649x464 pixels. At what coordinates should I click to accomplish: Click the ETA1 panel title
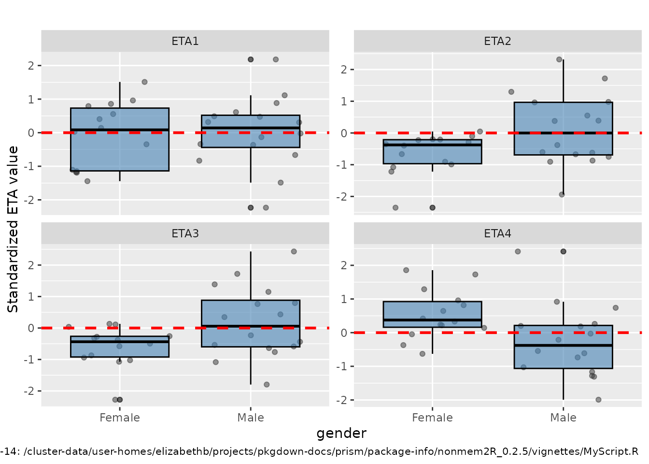coord(185,41)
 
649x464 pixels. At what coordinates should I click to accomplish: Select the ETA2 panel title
coord(497,41)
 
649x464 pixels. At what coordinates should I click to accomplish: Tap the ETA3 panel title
coord(185,233)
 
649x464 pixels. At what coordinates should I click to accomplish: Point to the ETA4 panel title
coord(497,233)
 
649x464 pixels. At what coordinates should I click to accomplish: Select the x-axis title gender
coord(341,433)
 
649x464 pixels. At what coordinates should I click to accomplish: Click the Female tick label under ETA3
coord(120,418)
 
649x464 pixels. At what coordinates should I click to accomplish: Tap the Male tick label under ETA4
coord(563,418)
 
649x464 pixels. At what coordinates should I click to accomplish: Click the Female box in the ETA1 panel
coord(120,150)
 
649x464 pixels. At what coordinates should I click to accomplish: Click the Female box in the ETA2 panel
coord(432,155)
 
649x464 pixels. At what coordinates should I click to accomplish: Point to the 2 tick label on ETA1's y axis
coord(31,66)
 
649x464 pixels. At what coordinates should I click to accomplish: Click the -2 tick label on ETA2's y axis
coord(341,197)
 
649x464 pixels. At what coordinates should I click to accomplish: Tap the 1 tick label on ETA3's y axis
coord(31,297)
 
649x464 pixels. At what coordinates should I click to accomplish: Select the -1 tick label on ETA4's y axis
coord(341,366)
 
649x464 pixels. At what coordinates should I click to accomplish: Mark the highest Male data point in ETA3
coord(294,251)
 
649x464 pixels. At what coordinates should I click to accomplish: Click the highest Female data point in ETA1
coord(144,82)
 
